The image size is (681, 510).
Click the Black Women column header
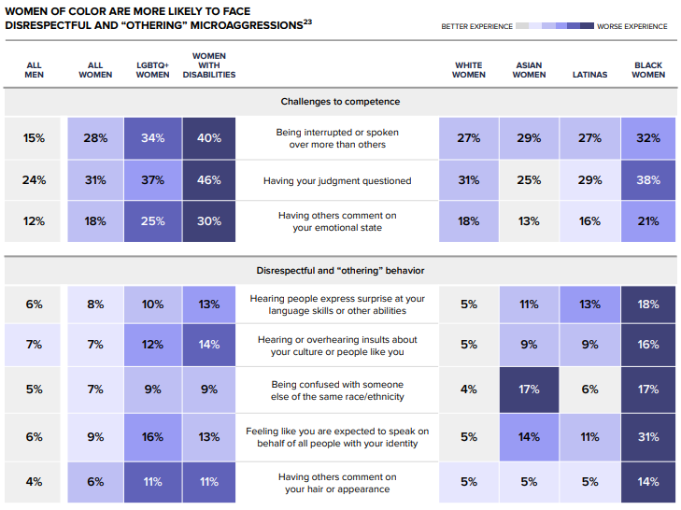click(x=647, y=70)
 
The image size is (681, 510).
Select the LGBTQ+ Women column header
click(x=153, y=70)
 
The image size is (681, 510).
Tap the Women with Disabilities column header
click(x=208, y=65)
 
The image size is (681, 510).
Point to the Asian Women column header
click(x=529, y=70)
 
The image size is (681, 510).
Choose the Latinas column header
click(x=589, y=75)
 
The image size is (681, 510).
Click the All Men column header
click(x=34, y=70)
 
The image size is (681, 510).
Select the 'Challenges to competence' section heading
click(x=340, y=101)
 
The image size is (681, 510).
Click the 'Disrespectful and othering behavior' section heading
click(x=340, y=271)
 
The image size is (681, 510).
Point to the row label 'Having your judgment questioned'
click(x=338, y=180)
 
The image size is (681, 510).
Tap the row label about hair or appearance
click(x=338, y=482)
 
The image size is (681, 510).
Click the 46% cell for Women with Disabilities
click(x=208, y=180)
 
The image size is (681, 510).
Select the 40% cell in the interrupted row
click(x=208, y=138)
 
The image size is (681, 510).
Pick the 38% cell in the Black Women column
click(x=647, y=180)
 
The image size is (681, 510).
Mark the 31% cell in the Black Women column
click(x=647, y=436)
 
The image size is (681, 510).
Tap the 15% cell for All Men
click(x=34, y=138)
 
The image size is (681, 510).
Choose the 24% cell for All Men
click(x=34, y=180)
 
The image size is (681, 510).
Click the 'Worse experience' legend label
click(x=632, y=26)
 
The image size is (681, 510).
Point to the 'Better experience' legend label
click(x=476, y=26)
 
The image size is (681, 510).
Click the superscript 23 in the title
click(x=308, y=21)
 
